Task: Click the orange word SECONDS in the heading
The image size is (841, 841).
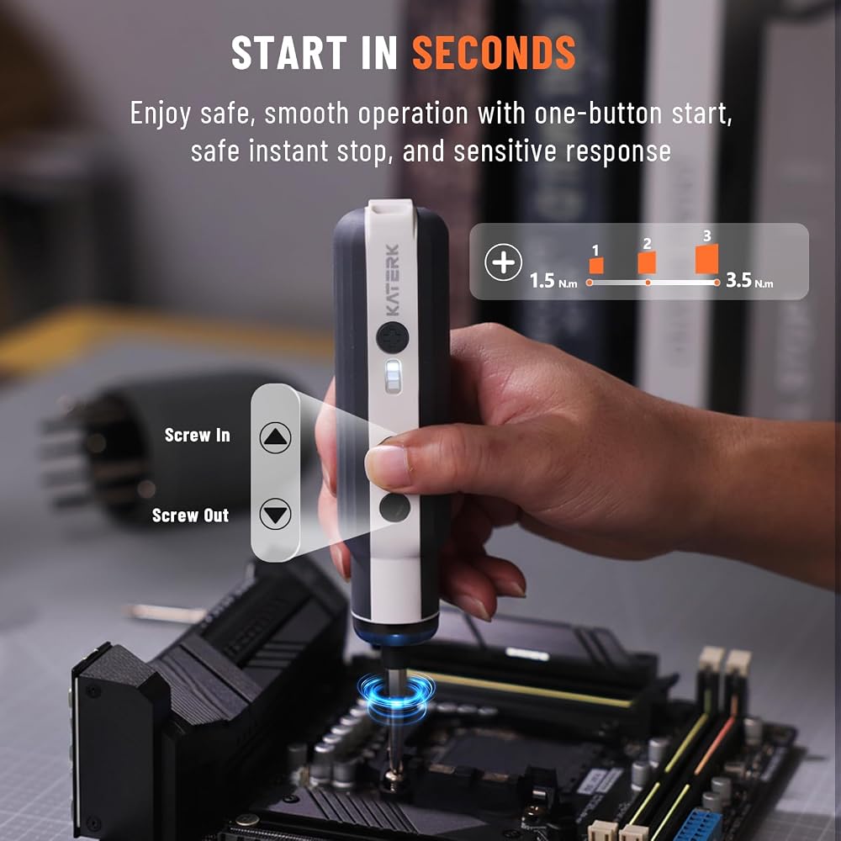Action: coord(494,52)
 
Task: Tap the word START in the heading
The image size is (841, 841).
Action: coord(289,52)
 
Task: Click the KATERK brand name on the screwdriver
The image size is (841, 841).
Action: coord(393,280)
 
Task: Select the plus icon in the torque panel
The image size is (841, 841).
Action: coord(503,262)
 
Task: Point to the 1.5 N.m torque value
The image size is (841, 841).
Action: coord(553,281)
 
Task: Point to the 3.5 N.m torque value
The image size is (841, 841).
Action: coord(749,280)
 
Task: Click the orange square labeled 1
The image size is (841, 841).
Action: coord(596,266)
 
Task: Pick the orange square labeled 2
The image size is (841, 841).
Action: coord(647,262)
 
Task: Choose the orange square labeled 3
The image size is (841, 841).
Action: coord(706,259)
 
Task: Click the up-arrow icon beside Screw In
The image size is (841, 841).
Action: coord(275,437)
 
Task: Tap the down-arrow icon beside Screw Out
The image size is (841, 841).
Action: coord(275,514)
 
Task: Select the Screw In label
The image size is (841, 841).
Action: coord(198,435)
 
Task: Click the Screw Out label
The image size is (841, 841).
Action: coord(190,516)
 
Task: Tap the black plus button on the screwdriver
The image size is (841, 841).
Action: coord(393,337)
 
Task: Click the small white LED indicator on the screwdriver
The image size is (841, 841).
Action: coord(393,377)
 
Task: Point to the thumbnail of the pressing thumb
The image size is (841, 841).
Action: coord(388,466)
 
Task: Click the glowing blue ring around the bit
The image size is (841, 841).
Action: coord(396,694)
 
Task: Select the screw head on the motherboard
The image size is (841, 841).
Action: coord(394,782)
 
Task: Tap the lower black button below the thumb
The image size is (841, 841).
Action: coord(394,508)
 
